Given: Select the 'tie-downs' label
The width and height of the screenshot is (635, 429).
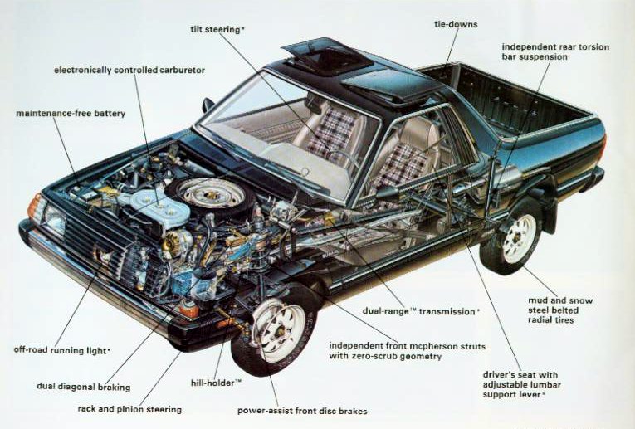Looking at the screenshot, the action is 456,24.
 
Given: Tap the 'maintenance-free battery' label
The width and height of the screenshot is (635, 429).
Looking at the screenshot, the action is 71,114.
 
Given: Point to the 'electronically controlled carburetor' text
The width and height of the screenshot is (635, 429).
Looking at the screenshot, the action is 129,70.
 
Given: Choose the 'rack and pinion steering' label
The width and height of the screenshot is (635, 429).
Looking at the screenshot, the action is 129,409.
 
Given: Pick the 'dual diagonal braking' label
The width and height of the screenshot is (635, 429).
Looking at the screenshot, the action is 84,387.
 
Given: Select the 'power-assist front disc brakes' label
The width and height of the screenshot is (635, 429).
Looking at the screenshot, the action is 302,411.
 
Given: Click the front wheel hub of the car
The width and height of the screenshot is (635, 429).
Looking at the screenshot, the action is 280,331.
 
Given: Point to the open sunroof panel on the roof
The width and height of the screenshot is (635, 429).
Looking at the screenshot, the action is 327,56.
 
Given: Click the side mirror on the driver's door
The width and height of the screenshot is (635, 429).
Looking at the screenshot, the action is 208,105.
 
